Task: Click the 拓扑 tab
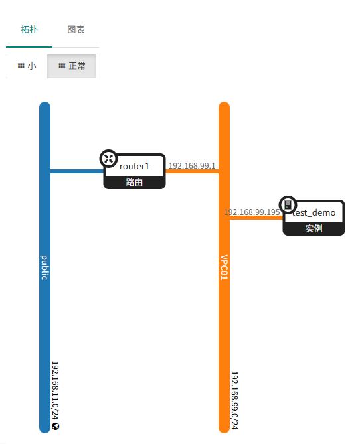29,29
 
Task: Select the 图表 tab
76,29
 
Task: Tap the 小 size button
27,66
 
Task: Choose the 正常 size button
72,66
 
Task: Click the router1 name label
134,166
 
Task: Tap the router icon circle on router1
108,159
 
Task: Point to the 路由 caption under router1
134,182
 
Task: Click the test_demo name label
314,212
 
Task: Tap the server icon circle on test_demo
288,204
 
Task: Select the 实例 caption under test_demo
314,228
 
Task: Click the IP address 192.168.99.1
192,166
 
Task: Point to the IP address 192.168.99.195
252,212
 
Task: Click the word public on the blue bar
45,267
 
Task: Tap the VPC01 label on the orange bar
225,267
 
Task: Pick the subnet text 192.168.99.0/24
234,400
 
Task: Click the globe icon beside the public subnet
56,427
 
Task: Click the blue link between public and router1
77,171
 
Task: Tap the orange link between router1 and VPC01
192,171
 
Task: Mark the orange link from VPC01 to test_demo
256,218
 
